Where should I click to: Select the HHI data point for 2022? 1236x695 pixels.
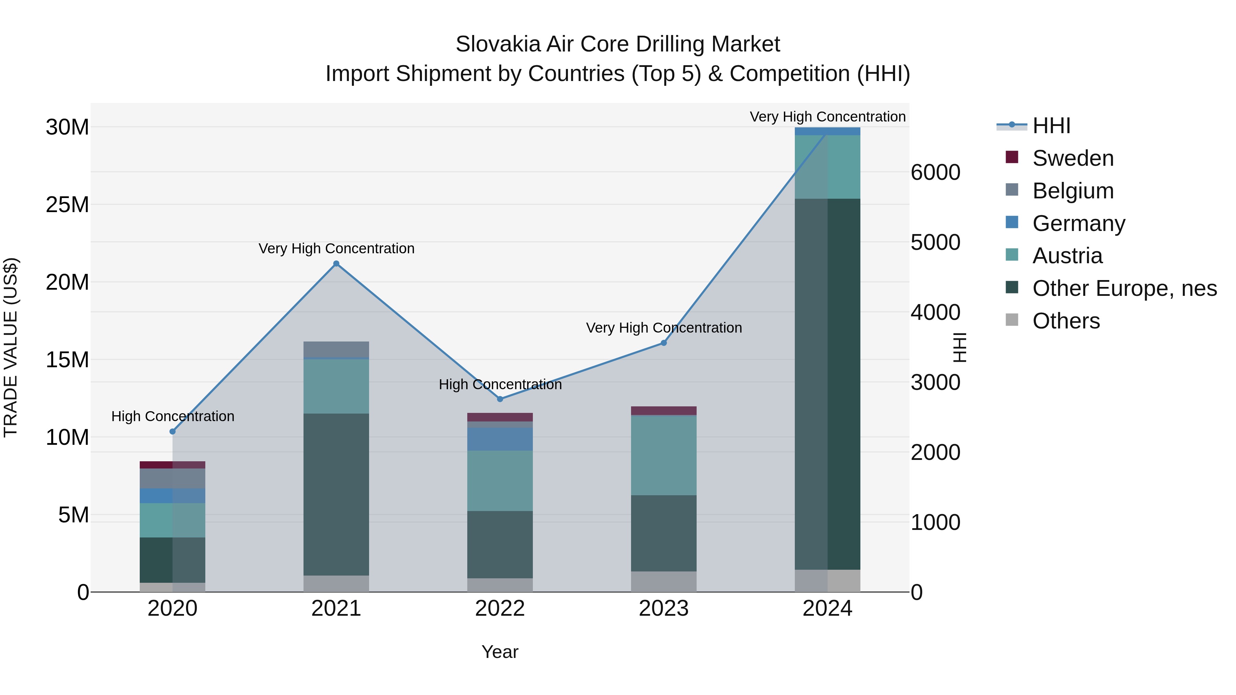click(500, 399)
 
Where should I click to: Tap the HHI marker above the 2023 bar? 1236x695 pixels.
click(664, 343)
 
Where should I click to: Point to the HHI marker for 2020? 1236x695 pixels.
click(173, 432)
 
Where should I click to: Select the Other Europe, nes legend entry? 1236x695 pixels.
click(1124, 288)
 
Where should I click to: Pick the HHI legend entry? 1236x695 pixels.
click(1051, 126)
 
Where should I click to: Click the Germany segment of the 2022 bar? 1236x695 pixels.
click(500, 439)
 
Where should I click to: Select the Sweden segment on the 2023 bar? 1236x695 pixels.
click(664, 410)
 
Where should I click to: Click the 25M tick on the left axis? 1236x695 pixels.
click(67, 205)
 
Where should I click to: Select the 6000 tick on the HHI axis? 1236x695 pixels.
click(935, 173)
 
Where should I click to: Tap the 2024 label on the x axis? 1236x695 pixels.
click(827, 609)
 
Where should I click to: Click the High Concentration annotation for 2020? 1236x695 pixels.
click(173, 416)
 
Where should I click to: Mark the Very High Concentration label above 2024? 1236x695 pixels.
click(827, 117)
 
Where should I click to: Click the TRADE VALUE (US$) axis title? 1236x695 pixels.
click(11, 347)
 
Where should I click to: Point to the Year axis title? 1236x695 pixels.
click(500, 652)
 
